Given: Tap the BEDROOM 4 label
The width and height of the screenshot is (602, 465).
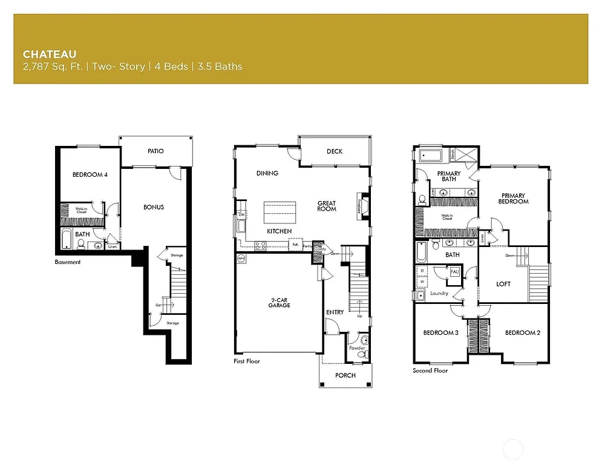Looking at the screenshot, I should [90, 175].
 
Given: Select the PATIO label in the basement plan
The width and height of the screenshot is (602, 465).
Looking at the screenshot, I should [155, 151].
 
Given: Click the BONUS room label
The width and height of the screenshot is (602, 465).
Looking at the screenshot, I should [154, 207].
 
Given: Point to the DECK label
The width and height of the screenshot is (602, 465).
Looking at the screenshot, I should [335, 151].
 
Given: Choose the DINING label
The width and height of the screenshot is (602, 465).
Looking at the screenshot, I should [267, 173].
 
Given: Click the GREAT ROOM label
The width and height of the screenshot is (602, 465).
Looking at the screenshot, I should [327, 206].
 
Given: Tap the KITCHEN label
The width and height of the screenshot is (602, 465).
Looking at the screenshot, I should [280, 231].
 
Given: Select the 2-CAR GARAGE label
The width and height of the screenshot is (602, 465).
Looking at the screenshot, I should [280, 303].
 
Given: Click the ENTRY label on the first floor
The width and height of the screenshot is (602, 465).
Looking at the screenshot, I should [335, 312].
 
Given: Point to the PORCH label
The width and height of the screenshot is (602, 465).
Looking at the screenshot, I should [345, 375].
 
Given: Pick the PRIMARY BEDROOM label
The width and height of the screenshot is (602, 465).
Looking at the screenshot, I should [512, 198].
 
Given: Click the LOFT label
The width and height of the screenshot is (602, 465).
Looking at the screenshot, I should [503, 284].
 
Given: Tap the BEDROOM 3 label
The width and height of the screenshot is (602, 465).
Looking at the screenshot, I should [440, 333].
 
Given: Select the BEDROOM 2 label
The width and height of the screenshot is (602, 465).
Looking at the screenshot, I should [523, 333].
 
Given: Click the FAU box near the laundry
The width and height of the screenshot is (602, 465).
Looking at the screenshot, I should [454, 273].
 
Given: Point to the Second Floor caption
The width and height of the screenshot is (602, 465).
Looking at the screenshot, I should [430, 371].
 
